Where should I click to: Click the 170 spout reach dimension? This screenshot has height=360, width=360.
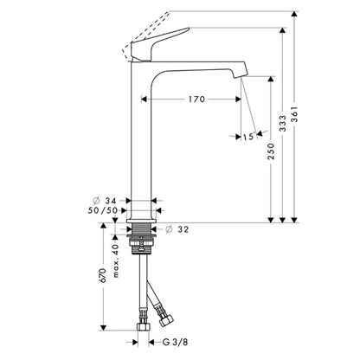tap(196, 100)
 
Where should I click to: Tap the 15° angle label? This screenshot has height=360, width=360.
tap(249, 136)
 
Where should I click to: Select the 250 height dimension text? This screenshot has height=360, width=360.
tap(271, 151)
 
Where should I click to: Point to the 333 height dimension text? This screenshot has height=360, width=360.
tap(283, 124)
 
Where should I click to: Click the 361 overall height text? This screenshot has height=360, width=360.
tap(294, 114)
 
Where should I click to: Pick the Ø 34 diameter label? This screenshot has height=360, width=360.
tap(105, 200)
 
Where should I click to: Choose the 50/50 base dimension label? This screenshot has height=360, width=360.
tap(103, 210)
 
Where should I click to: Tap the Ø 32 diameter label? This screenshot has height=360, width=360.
tap(177, 229)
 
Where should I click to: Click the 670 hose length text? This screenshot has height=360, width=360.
tap(103, 275)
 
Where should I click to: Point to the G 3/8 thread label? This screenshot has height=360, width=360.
tap(175, 342)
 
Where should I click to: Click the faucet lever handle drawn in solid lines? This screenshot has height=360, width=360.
tap(156, 45)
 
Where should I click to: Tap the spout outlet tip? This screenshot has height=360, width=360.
tap(240, 75)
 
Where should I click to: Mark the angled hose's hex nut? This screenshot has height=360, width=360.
tap(167, 318)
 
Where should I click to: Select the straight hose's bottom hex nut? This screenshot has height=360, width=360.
tap(144, 326)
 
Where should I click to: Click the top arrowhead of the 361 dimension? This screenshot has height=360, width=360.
tap(294, 14)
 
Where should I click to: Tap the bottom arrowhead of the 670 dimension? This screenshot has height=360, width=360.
tap(103, 328)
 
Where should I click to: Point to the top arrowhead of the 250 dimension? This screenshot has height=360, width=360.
tap(271, 79)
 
